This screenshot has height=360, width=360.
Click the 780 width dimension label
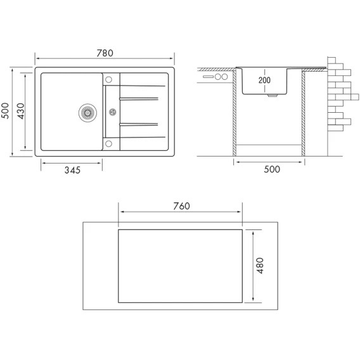(105, 53)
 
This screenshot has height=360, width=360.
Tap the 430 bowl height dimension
(21, 111)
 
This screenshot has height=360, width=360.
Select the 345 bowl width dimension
(72, 170)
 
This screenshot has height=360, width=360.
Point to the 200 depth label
(264, 80)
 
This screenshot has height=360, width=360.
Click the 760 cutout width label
(181, 206)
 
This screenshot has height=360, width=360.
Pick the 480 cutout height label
(260, 266)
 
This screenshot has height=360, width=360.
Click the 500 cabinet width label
(272, 169)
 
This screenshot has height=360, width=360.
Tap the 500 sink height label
(5, 111)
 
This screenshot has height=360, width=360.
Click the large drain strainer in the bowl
(87, 113)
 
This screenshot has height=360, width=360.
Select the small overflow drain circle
(113, 112)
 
